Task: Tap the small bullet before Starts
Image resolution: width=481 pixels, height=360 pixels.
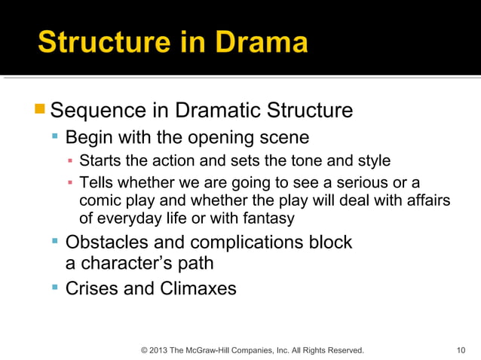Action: [70, 160]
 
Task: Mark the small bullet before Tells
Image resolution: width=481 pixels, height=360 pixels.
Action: [70, 183]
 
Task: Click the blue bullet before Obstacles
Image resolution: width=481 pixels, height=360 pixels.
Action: [55, 242]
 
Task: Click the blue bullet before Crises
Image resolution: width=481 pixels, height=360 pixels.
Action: [55, 288]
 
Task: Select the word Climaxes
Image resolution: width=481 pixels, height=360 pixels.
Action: [198, 288]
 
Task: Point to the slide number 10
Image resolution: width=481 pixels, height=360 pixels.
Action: [461, 350]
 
